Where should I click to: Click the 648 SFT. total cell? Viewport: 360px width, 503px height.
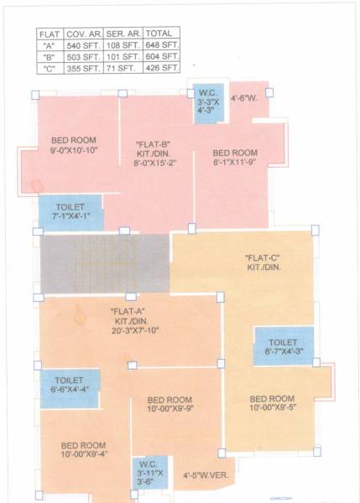tap(163, 45)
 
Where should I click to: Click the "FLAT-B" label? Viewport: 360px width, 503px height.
tap(154, 145)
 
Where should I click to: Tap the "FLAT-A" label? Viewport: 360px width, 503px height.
tap(128, 312)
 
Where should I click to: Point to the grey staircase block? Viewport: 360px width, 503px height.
tap(105, 263)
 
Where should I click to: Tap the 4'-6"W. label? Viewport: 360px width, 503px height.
tap(244, 97)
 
